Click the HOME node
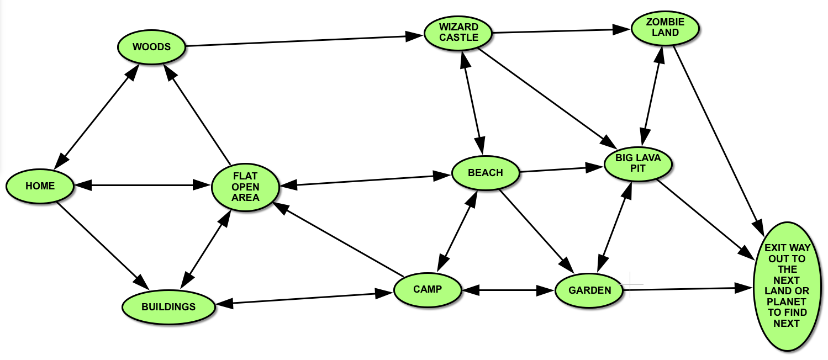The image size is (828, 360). point(40,186)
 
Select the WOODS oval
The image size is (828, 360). point(152,47)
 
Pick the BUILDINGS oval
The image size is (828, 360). point(168,307)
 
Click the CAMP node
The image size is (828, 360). point(428,289)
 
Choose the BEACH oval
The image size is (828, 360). point(486,173)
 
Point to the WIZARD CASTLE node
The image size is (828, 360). point(458,32)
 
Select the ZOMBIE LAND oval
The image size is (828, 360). point(665,27)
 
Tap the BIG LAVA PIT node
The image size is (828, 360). point(639,163)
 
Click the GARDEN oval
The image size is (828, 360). point(590,290)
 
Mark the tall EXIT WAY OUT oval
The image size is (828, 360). point(787,286)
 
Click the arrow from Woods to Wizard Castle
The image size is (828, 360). point(304,41)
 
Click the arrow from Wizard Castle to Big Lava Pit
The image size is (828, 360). point(547,97)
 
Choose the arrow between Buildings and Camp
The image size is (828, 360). point(307,298)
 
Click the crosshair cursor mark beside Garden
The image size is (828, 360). point(630,286)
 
